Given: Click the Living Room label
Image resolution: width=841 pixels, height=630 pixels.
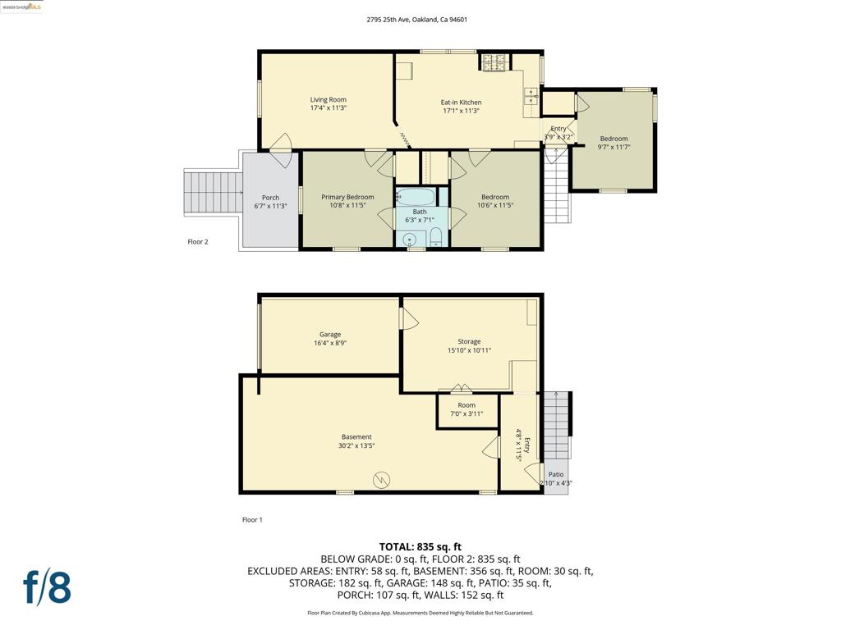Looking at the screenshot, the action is (328, 99).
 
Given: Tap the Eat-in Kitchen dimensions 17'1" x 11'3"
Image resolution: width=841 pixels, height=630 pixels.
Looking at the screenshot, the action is (461, 111).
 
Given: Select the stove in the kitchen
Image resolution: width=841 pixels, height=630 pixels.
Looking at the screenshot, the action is (494, 62).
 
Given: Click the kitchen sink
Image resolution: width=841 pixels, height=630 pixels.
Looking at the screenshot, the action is (531, 97).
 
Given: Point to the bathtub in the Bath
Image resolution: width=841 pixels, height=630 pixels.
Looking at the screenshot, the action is (416, 196).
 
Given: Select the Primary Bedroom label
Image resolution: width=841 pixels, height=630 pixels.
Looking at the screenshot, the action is (347, 197).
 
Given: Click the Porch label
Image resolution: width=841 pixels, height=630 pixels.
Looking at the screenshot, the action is (270, 198).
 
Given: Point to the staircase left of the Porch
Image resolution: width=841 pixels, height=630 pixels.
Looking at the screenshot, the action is (213, 191).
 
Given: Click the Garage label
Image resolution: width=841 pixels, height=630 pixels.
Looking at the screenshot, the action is (330, 335).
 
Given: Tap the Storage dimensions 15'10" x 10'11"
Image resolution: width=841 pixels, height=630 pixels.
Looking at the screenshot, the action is (469, 350).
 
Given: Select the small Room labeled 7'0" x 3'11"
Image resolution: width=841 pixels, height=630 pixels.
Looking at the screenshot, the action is (467, 410).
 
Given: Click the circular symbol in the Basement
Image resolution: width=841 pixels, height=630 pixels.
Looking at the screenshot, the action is (381, 479).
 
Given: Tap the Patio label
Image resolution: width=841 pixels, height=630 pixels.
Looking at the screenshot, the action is (556, 474).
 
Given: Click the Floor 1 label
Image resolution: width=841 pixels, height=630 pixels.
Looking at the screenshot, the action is (252, 519).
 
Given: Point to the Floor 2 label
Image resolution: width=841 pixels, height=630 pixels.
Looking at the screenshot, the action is (197, 242).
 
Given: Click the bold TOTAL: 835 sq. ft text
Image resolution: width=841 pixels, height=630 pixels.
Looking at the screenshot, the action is (420, 547).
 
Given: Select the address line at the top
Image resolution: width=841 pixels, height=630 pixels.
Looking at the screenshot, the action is (416, 20).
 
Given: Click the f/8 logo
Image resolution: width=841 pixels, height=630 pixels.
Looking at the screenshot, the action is (47, 587).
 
